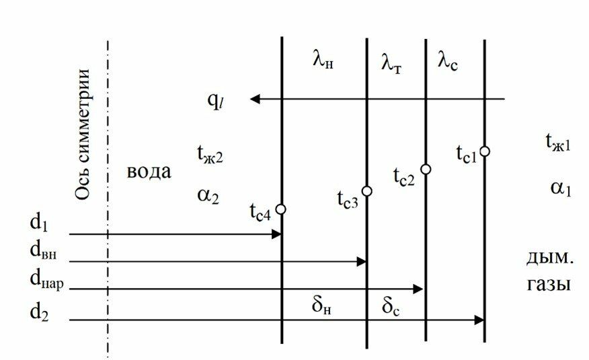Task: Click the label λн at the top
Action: [x=323, y=61]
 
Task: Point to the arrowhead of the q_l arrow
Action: [x=255, y=100]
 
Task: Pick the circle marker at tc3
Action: [x=366, y=191]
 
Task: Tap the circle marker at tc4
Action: [x=281, y=209]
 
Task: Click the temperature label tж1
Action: [x=557, y=143]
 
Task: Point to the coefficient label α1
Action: [x=559, y=188]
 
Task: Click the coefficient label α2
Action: [x=208, y=195]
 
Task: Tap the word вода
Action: [x=149, y=172]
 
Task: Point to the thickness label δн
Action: [x=323, y=307]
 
